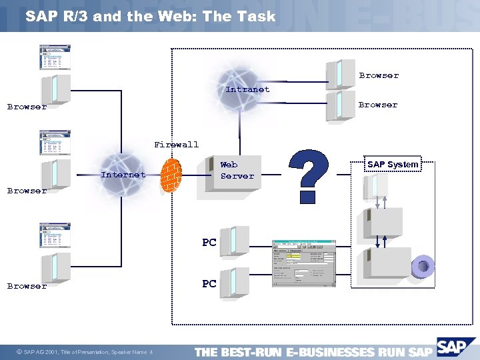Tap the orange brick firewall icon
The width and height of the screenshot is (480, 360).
point(171,175)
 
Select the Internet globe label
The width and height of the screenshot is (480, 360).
point(123,175)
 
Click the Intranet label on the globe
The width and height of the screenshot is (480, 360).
point(247,89)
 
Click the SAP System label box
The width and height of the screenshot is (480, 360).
point(393,165)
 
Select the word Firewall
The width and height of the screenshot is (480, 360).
point(176,144)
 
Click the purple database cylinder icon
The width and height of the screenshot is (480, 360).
point(422,267)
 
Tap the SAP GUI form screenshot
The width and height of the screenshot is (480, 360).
point(304,263)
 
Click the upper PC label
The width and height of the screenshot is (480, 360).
point(209,243)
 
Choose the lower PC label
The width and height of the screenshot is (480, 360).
point(209,284)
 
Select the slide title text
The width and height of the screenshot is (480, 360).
point(150,17)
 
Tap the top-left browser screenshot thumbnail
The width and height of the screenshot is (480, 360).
point(55,57)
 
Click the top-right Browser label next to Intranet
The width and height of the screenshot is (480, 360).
point(378,75)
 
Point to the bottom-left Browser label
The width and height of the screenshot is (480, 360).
point(27,286)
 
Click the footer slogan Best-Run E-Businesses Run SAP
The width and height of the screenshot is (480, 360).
point(313,352)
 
